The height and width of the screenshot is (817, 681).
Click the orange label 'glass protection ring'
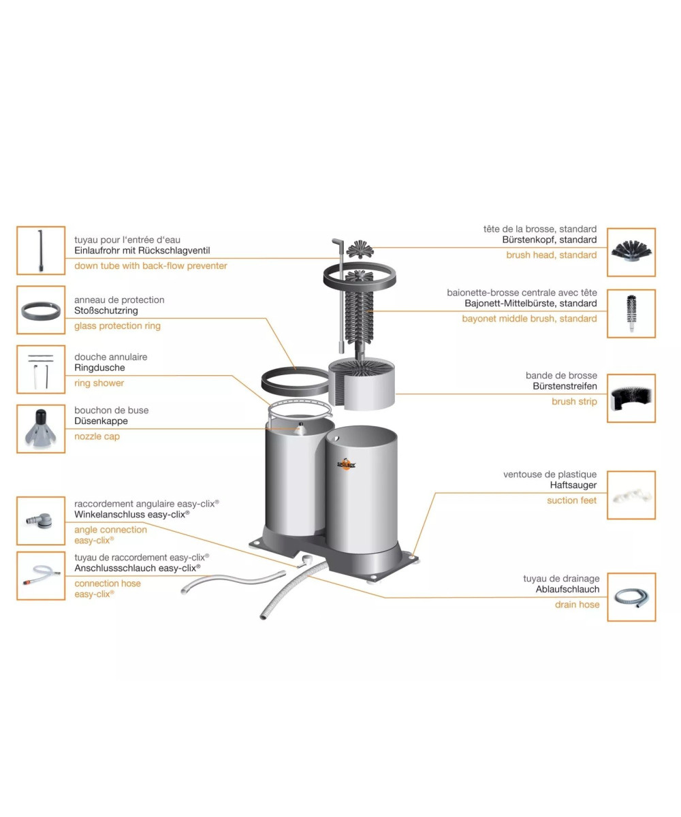tap(117, 326)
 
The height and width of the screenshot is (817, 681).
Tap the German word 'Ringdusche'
tap(100, 368)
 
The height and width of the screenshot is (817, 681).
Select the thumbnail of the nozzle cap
tap(41, 428)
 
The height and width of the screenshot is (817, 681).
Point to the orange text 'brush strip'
tap(574, 402)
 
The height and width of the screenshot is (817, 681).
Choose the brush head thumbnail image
tap(631, 252)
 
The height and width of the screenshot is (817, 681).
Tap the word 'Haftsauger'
tap(573, 485)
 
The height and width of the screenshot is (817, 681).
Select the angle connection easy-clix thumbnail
tap(41, 521)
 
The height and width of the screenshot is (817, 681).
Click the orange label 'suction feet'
tap(572, 500)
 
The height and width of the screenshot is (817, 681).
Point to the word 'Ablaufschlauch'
tap(567, 590)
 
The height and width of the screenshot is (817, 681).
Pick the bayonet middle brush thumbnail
tap(631, 313)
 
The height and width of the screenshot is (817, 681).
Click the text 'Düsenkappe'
tap(101, 421)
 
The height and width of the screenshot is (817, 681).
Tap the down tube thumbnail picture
tap(41, 251)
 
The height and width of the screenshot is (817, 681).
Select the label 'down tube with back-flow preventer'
tap(151, 266)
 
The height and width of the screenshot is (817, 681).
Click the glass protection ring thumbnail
tap(41, 310)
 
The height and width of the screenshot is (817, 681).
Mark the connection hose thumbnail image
tap(41, 575)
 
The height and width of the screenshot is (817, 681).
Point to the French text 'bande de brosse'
tap(561, 375)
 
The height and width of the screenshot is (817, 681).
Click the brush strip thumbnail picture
tap(631, 398)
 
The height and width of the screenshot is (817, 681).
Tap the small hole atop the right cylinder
tap(336, 438)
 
